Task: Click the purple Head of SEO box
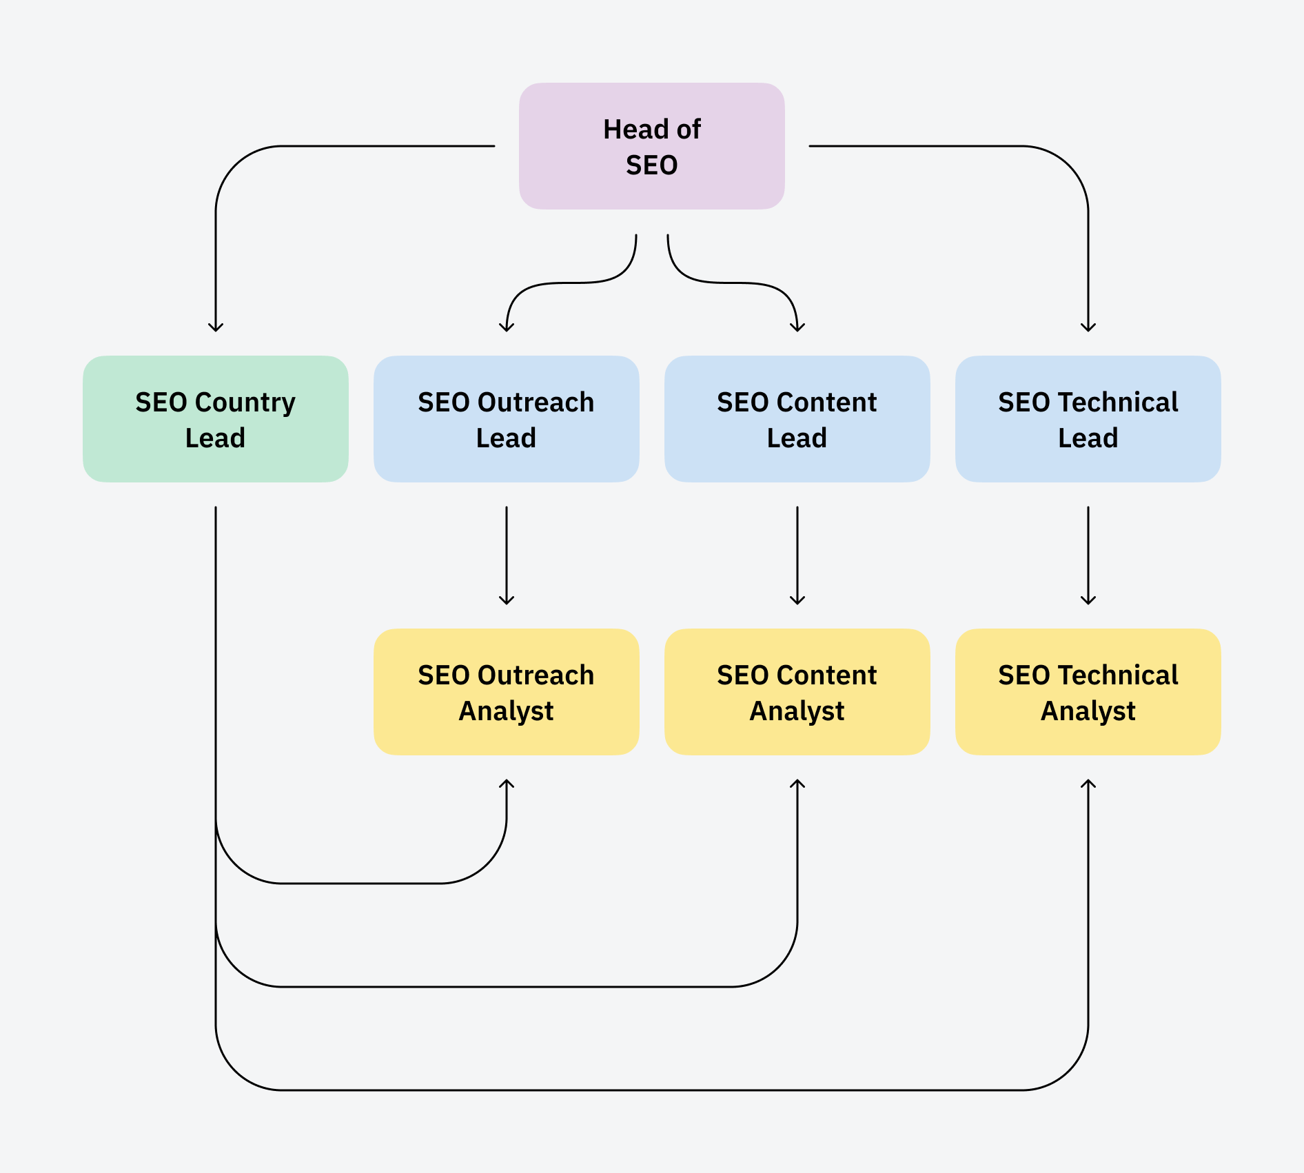click(x=651, y=146)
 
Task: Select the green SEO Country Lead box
click(x=215, y=419)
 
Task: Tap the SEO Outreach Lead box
click(x=506, y=419)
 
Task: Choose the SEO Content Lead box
click(x=797, y=419)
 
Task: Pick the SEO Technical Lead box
click(x=1088, y=419)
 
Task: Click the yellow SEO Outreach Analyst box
click(x=506, y=692)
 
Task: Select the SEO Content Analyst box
click(x=797, y=692)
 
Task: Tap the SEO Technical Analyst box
click(x=1088, y=692)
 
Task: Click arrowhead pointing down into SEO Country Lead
click(x=216, y=327)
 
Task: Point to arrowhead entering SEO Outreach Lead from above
click(x=507, y=327)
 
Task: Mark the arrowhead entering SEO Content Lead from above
click(x=797, y=327)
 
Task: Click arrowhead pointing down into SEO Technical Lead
click(x=1088, y=327)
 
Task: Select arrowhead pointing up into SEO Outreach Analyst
click(x=507, y=784)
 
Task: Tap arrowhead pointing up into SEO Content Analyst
click(x=797, y=784)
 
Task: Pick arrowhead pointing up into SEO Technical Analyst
click(x=1088, y=784)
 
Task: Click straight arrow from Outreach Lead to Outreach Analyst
click(x=507, y=555)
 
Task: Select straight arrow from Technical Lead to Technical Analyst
click(x=1088, y=555)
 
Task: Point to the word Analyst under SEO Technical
click(x=1088, y=711)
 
